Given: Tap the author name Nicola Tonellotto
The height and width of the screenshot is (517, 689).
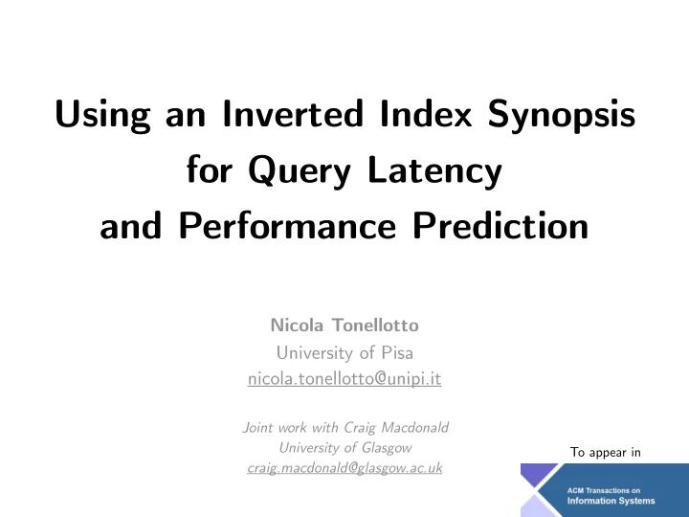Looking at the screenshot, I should point(344,326).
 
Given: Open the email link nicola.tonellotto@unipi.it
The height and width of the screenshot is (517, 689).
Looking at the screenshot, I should point(344,379).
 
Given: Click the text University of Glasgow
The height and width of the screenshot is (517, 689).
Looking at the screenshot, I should point(344,447).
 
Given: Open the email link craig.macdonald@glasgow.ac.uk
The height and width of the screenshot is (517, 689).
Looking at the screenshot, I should point(344,468).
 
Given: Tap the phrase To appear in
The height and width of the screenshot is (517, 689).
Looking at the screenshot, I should point(605,452).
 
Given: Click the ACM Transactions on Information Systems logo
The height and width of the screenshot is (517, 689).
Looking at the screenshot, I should point(604,490).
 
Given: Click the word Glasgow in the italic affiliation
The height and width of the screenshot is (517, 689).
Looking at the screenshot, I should point(388,447).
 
